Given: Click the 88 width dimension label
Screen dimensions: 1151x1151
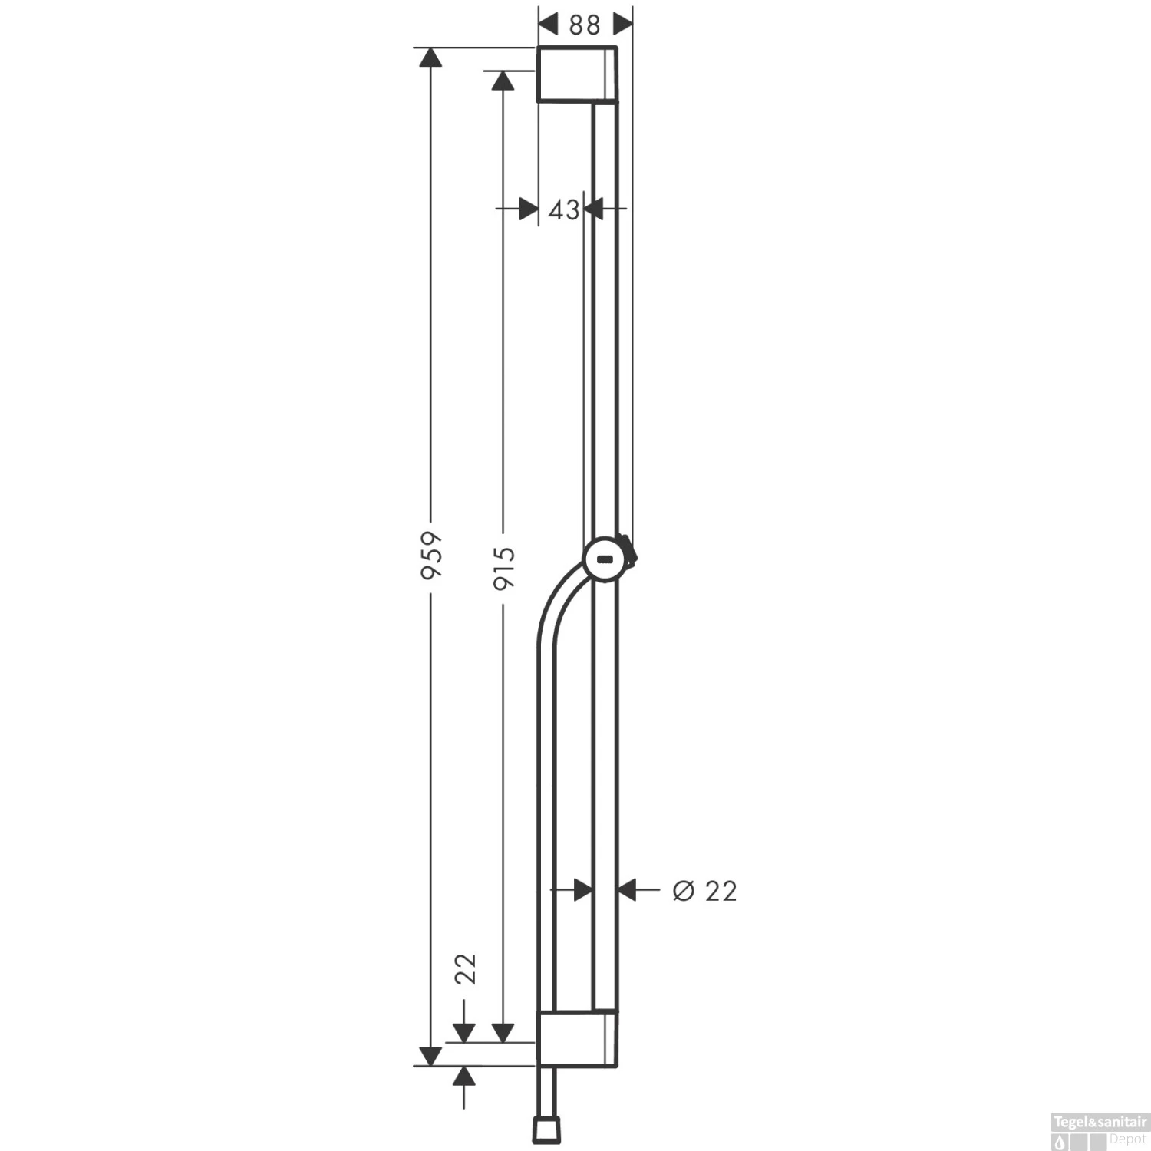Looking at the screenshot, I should point(585,25).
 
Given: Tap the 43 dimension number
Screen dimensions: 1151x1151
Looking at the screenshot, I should point(564,209).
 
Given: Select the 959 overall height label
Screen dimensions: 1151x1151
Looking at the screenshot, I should point(432,556).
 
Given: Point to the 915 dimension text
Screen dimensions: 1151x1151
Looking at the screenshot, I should point(503,568).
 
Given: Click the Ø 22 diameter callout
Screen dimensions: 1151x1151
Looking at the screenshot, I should point(704,891).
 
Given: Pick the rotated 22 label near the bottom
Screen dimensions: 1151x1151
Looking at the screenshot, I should point(466,968).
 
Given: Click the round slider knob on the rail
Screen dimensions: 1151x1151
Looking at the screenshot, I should point(606,559).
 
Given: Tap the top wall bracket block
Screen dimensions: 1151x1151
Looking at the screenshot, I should point(576,74).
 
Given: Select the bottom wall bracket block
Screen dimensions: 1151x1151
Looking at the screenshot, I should point(576,1038).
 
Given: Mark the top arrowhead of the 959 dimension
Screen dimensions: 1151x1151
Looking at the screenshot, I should point(432,58).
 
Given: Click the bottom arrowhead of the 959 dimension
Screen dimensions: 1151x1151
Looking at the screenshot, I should point(432,1056).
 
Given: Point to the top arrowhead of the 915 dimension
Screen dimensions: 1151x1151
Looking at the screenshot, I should point(503,81).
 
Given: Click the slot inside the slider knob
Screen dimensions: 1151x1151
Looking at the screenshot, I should point(605,559).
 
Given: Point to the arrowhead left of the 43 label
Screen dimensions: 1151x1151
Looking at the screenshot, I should point(528,209).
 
